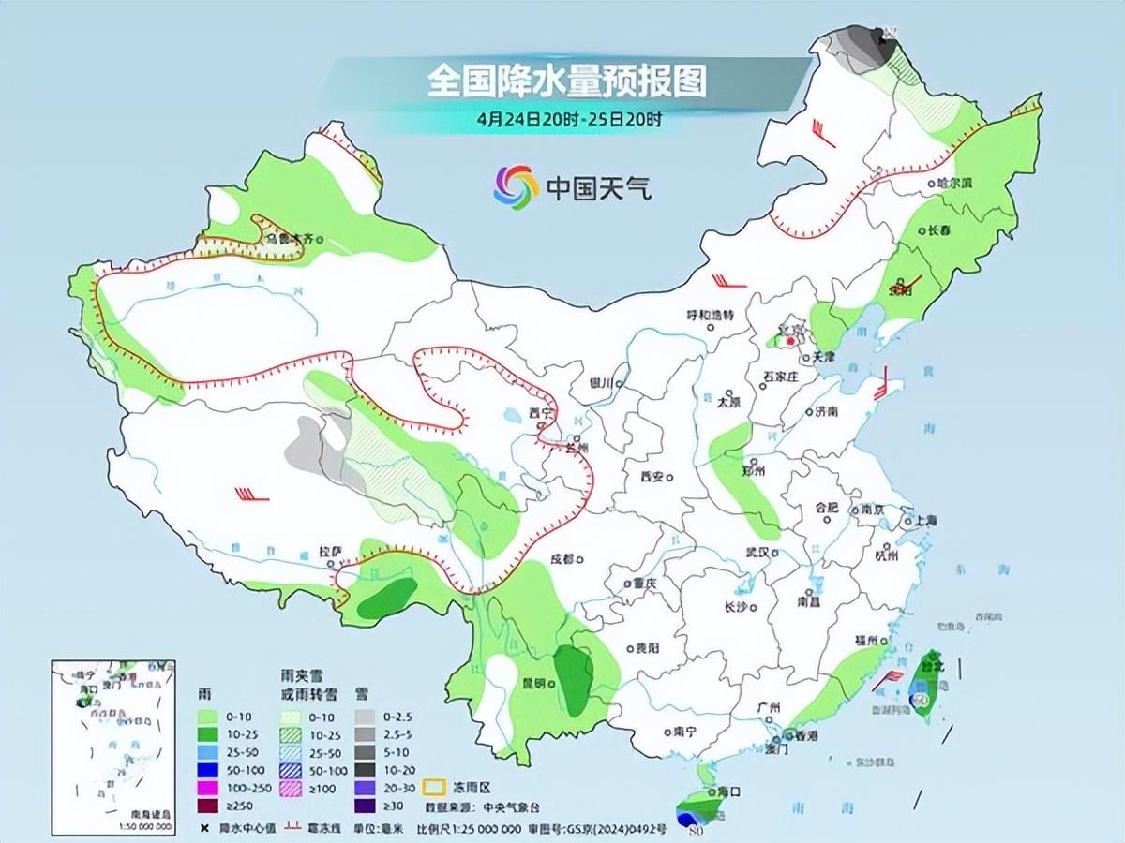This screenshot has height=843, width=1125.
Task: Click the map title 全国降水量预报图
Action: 566,81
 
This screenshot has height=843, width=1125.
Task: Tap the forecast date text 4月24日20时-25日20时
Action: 569,120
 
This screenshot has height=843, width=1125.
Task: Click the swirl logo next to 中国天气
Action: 516,186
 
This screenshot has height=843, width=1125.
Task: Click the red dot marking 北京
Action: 790,343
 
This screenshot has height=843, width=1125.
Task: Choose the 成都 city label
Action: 561,559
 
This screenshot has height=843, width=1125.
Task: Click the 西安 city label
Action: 652,477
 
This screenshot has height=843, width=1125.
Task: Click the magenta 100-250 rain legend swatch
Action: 210,789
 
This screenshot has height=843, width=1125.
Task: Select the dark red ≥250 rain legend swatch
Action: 210,806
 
